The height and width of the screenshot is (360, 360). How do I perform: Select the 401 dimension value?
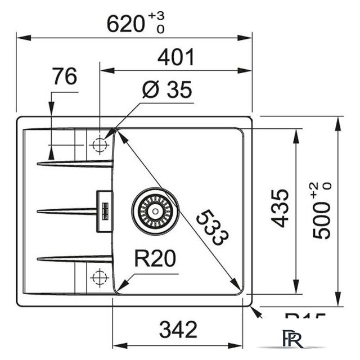pos(175,57)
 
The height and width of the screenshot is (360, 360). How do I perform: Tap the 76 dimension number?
pos(64,76)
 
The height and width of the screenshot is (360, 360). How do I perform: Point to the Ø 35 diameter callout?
pos(166,89)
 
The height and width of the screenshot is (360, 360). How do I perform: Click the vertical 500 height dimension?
pos(322,217)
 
